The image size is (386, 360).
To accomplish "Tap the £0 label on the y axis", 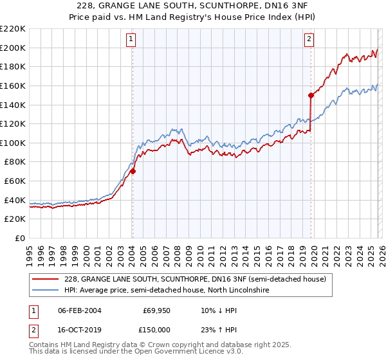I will [x=19, y=239].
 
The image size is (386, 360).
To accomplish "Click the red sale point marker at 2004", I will [x=133, y=172].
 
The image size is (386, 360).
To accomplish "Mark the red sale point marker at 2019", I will [x=311, y=95].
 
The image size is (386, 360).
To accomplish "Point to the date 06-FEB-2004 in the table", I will [x=80, y=310].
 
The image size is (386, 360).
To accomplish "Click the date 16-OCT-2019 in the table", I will [x=80, y=329].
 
